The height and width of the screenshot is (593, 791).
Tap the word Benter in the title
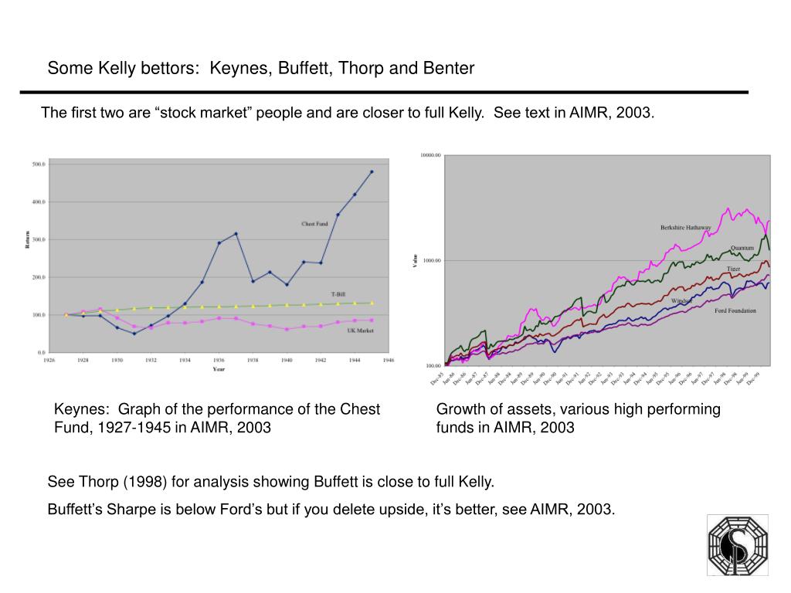(x=448, y=69)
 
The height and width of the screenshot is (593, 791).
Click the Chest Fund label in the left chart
(x=314, y=224)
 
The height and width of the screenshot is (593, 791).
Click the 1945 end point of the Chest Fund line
(x=372, y=172)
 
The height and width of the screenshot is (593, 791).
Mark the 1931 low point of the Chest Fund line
(x=134, y=334)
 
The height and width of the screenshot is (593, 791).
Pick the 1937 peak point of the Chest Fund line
(x=236, y=233)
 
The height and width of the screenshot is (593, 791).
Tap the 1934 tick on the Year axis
(x=185, y=360)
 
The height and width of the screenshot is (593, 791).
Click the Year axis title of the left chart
(x=219, y=369)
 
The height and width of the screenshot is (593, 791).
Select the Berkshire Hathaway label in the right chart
(x=685, y=228)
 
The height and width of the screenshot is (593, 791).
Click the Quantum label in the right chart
(x=742, y=248)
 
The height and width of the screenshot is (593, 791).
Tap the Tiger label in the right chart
(x=733, y=269)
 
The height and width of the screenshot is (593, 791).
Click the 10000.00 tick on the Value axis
(x=430, y=155)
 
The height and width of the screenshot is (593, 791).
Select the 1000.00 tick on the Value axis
(x=431, y=260)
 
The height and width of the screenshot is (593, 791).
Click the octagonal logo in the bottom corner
(x=738, y=546)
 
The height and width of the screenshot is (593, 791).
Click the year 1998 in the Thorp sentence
(x=148, y=483)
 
